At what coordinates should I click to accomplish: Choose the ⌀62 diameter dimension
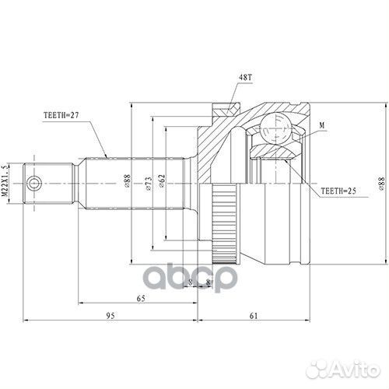[162, 181]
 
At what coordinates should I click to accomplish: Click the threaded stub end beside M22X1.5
[48, 183]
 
